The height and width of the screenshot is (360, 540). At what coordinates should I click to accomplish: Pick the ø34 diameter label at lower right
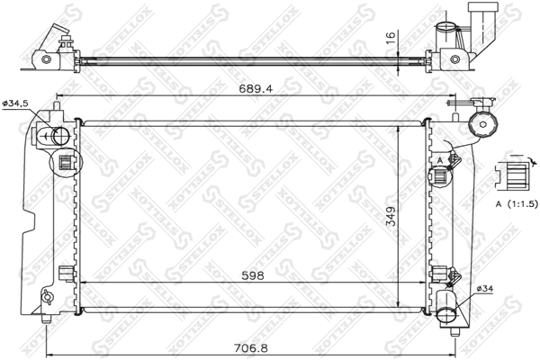[x=484, y=287]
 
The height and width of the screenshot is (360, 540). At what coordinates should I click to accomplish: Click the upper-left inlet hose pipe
[x=56, y=137]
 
